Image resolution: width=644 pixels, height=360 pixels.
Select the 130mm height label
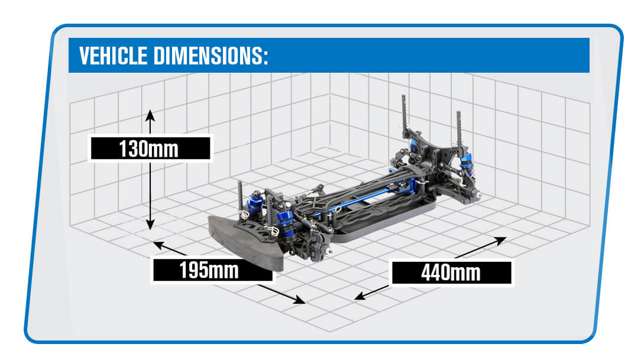tap(149, 148)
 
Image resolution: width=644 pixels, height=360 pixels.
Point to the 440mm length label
tap(451, 273)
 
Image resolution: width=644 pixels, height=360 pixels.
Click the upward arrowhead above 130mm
tap(150, 113)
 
